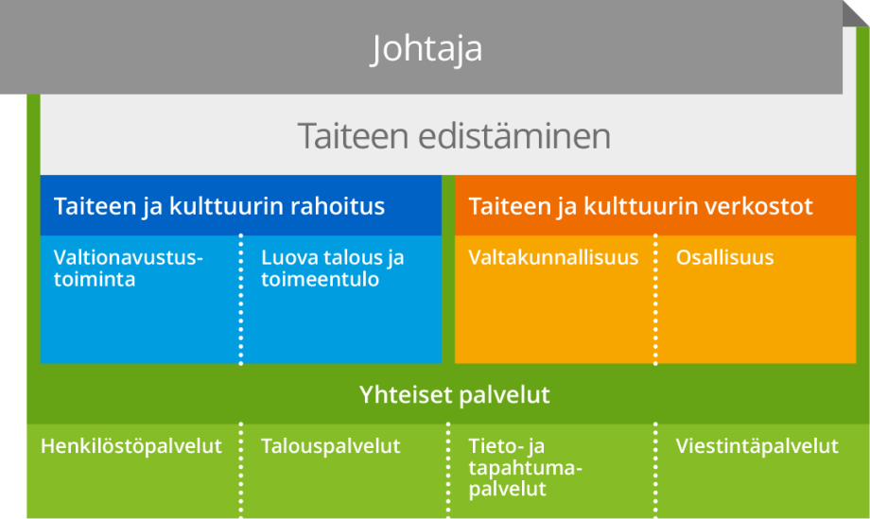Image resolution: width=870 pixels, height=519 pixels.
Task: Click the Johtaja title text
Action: click(x=426, y=49)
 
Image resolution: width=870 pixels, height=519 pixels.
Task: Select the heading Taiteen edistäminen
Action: click(x=454, y=136)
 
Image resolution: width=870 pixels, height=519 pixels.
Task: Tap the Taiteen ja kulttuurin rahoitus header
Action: click(x=219, y=206)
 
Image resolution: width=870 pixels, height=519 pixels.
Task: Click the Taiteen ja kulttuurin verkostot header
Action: click(x=640, y=206)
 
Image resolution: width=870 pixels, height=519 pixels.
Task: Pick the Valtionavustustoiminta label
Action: click(x=129, y=268)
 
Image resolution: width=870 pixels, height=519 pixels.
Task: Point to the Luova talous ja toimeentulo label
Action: click(x=332, y=268)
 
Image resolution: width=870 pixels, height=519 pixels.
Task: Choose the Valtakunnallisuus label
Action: click(x=553, y=257)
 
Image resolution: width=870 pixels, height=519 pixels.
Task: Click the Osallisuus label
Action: click(x=724, y=257)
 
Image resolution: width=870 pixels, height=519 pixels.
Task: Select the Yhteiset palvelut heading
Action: click(x=454, y=394)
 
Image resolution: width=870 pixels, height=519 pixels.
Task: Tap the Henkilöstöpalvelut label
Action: click(x=130, y=446)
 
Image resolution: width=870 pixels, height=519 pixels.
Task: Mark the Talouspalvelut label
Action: click(x=330, y=446)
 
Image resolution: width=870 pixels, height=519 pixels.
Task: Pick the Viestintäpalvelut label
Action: click(x=757, y=446)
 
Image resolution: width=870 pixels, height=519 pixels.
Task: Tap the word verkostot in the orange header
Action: click(x=762, y=206)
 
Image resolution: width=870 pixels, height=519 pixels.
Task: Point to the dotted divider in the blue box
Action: click(x=241, y=299)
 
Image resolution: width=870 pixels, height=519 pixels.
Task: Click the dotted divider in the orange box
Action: click(x=655, y=299)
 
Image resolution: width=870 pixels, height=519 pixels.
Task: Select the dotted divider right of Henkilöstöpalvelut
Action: click(x=241, y=469)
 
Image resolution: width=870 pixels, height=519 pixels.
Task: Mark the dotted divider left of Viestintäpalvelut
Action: click(x=655, y=469)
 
